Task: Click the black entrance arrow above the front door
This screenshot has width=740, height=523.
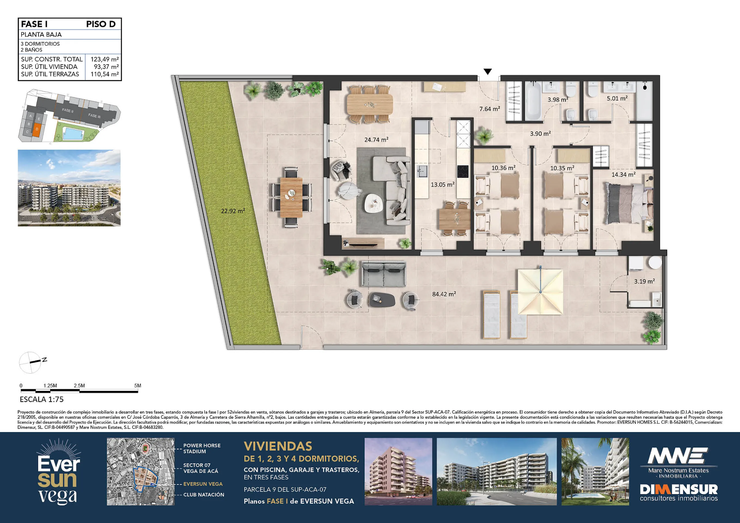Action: [x=488, y=71]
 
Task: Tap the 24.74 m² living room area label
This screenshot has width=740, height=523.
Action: [x=376, y=140]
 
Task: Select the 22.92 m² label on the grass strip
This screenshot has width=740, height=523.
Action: [x=233, y=211]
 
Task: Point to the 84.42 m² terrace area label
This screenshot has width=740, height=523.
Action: [x=444, y=294]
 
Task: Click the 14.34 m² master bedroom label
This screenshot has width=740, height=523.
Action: [x=624, y=175]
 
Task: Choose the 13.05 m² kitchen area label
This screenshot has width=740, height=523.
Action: [x=443, y=184]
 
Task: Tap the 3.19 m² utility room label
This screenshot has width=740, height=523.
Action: [x=644, y=281]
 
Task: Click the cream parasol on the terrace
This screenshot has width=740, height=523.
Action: [x=540, y=292]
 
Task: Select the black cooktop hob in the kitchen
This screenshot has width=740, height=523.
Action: [x=463, y=171]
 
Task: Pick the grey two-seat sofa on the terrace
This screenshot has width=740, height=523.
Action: [x=383, y=274]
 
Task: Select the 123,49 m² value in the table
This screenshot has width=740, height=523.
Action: [x=105, y=59]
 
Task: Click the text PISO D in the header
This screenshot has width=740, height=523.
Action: [x=101, y=24]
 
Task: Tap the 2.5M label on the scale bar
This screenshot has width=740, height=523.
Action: [x=79, y=385]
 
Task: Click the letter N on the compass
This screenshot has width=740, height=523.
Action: [x=44, y=360]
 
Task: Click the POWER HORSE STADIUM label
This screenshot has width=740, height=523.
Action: [x=202, y=448]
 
